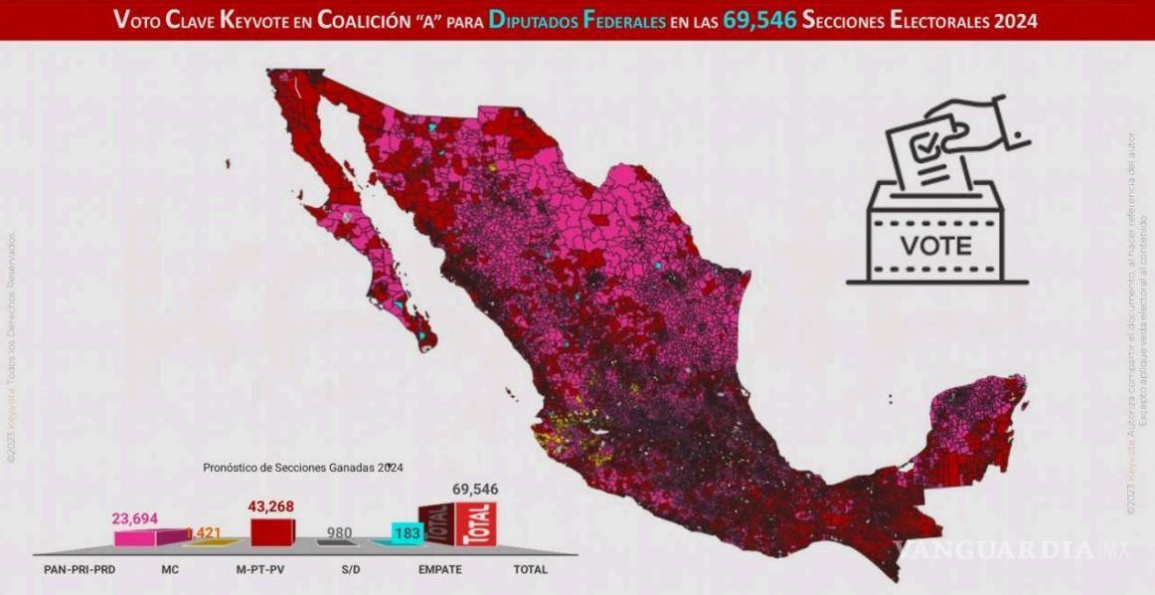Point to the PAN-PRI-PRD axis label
click(82, 570)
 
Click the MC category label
click(169, 570)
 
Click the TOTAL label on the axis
click(529, 570)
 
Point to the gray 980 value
click(340, 532)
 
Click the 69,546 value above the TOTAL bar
click(475, 489)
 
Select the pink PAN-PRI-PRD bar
click(149, 537)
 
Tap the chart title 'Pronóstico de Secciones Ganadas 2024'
click(302, 467)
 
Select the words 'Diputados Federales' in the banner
click(577, 19)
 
